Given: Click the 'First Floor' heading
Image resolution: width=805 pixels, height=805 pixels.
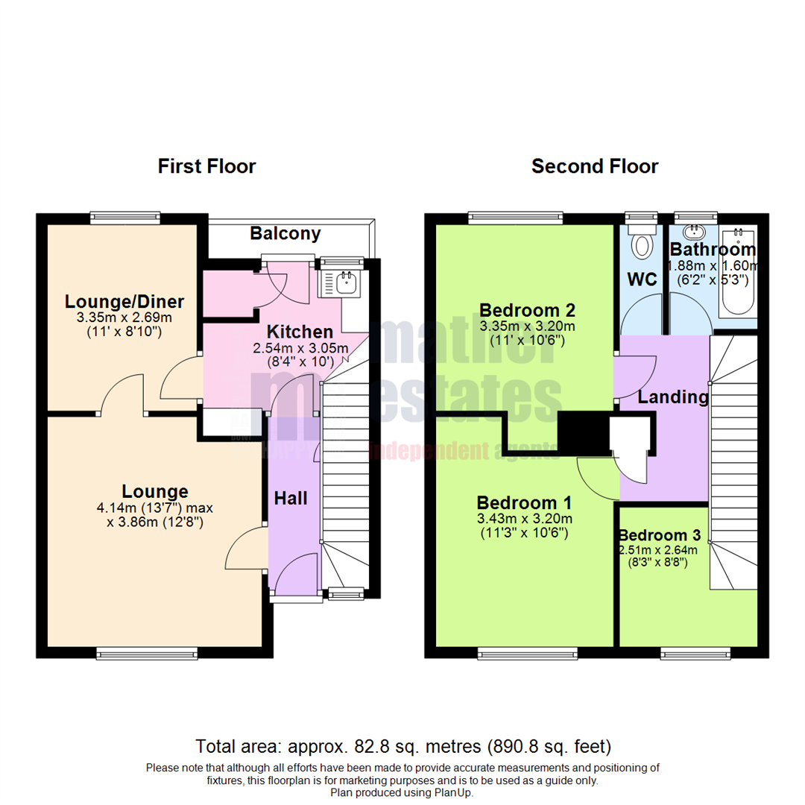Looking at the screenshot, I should (x=206, y=166).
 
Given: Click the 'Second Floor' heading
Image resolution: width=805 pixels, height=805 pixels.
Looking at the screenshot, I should (x=594, y=166).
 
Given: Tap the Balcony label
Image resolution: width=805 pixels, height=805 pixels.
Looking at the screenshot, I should (x=285, y=233).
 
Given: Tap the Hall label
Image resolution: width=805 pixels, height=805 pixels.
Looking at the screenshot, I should (x=290, y=499).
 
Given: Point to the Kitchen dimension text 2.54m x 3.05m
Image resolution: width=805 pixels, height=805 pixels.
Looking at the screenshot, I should (x=300, y=348).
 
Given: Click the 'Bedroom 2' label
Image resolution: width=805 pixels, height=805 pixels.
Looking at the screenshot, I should (x=528, y=310).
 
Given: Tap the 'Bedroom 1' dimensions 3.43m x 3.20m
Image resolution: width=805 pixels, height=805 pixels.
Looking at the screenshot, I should (x=524, y=519).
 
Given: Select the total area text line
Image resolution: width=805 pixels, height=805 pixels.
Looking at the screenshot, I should (x=402, y=745).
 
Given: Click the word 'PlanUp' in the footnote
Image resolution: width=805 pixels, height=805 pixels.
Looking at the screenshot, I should (x=455, y=793).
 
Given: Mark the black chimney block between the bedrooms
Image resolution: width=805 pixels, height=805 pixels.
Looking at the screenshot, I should (x=583, y=432).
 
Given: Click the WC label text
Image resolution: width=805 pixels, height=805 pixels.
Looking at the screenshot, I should (x=642, y=280).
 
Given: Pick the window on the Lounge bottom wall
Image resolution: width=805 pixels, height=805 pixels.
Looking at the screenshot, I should (x=147, y=654).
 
